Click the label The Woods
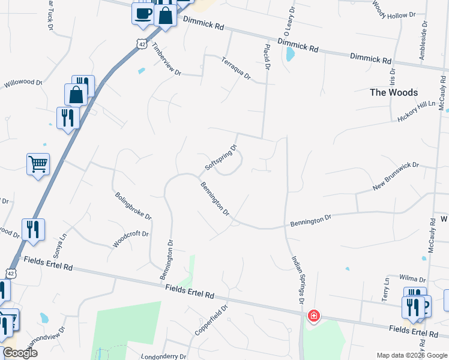393,92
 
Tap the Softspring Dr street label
221,156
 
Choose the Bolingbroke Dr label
133,205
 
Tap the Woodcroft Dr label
131,238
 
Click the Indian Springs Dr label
298,278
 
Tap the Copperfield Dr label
211,320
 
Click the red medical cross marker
313,316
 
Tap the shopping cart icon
38,163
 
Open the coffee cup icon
143,13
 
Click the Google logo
20,353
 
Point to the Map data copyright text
411,355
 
